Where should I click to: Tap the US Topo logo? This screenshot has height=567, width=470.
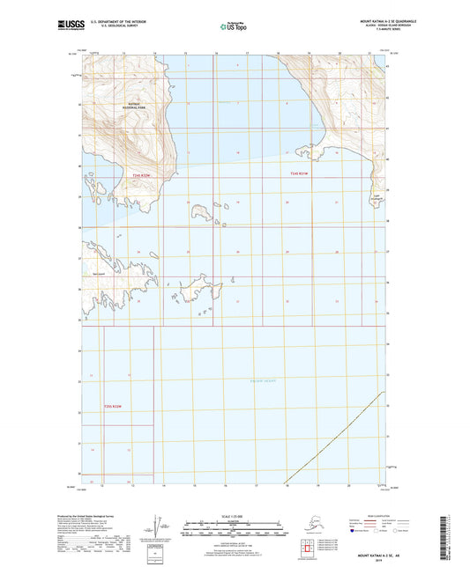[x=234, y=27]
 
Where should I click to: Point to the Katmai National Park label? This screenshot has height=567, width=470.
[x=131, y=107]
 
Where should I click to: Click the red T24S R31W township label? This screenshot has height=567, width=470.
[x=300, y=175]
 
